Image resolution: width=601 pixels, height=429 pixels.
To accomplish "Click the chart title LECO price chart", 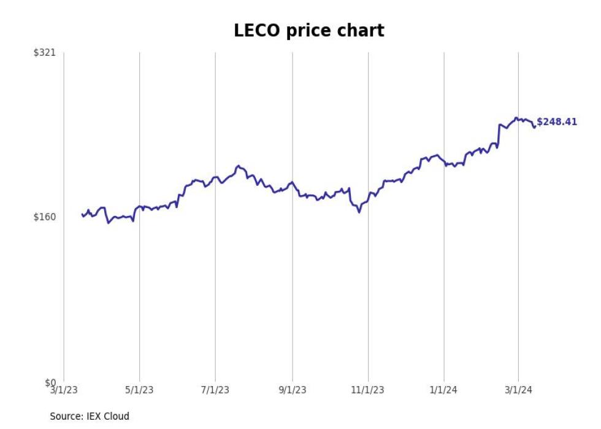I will coord(308,30).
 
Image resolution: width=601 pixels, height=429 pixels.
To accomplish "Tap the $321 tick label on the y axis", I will coord(44,53).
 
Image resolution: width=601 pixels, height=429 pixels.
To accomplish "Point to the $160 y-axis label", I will coord(44,217).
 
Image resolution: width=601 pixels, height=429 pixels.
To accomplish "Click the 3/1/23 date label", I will coord(64,390).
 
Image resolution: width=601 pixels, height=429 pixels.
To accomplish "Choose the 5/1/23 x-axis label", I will coord(140,390).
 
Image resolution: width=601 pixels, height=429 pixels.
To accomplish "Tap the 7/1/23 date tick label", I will coord(215,390).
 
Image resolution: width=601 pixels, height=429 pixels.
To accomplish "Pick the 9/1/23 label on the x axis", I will coord(293,390).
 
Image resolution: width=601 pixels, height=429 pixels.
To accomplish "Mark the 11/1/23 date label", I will coord(368,390).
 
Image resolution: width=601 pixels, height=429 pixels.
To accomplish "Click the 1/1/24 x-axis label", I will coord(444,390).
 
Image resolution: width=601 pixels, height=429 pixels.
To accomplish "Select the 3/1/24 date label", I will coord(519,390).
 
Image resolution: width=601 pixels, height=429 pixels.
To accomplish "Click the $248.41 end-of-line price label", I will coord(557,122).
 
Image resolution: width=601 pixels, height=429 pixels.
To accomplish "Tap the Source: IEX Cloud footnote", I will coord(90,416).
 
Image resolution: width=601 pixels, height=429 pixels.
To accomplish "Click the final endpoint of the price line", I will coord(535,126).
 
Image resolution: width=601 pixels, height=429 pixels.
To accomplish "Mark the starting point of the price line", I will coord(82,214).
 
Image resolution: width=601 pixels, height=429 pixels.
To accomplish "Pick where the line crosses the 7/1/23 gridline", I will coord(215,177).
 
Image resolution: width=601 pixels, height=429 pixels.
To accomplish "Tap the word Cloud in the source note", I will coord(117,416).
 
